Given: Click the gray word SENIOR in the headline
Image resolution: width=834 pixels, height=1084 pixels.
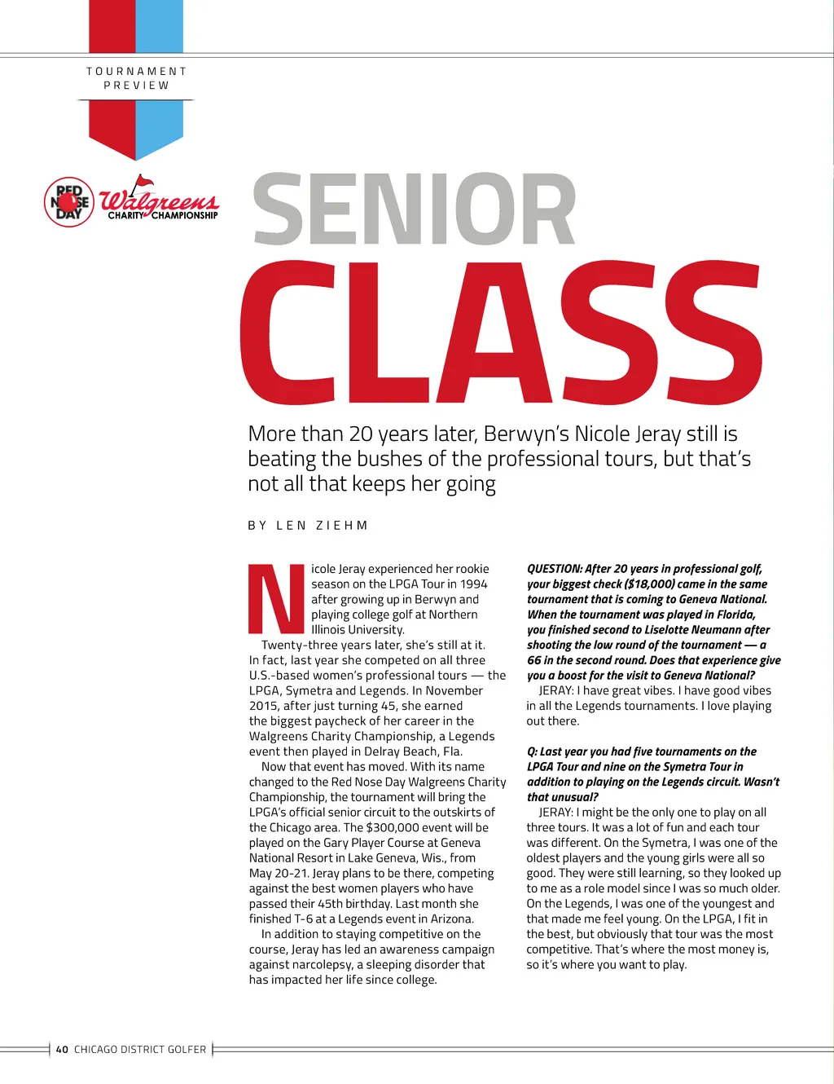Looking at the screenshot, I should coord(415,209).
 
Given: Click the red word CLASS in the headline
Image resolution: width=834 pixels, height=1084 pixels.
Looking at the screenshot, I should coord(500,334).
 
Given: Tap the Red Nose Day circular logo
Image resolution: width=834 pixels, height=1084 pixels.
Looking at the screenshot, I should coord(68,202).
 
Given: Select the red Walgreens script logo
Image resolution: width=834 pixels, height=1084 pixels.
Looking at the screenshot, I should coord(159,200).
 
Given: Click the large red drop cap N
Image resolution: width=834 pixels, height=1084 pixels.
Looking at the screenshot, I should coord(276,599).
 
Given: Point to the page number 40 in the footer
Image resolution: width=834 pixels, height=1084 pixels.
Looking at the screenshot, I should coord(62,1050).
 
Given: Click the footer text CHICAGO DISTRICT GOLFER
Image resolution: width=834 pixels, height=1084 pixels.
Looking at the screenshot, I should coord(140,1050).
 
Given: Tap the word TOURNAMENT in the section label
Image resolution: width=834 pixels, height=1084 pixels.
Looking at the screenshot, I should coord(137,72).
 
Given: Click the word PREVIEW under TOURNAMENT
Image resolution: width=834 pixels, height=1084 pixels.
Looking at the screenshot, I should coord(137,86).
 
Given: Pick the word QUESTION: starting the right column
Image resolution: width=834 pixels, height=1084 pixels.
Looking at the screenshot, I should coord(554,569).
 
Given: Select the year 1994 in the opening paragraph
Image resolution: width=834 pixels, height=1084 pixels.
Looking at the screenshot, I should coord(473,584).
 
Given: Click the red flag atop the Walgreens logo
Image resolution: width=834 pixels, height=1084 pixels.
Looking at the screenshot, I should coord(143,182).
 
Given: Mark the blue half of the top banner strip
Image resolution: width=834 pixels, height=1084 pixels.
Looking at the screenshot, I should coord(160,26).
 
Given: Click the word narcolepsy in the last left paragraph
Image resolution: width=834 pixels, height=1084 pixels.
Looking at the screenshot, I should coord(322,965).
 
